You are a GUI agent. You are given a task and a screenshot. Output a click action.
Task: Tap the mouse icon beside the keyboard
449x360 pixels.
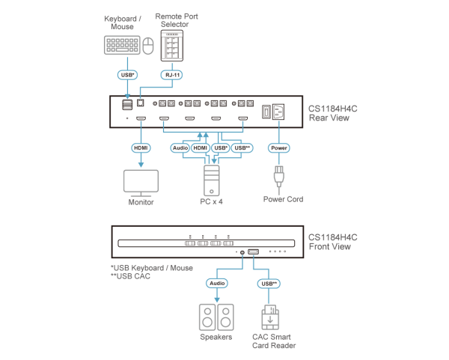click(x=148, y=47)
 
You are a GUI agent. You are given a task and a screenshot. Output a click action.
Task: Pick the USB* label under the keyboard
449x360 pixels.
click(x=126, y=76)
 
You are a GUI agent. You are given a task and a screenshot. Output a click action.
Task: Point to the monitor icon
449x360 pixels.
click(x=140, y=183)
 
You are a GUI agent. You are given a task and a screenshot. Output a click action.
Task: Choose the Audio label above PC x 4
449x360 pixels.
click(x=180, y=148)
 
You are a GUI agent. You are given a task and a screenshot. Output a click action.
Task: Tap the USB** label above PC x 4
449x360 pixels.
click(x=242, y=148)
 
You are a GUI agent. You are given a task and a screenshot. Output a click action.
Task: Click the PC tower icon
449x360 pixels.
click(x=210, y=180)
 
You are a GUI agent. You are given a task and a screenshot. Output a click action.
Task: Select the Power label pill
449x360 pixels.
click(x=278, y=148)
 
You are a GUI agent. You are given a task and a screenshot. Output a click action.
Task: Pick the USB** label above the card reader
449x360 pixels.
click(x=268, y=284)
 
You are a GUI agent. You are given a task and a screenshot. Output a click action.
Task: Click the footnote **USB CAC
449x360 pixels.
click(x=131, y=275)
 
